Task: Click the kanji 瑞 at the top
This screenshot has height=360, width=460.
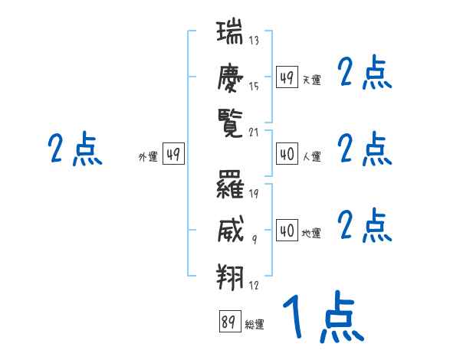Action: (x=229, y=35)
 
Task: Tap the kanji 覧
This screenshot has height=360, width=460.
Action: (x=229, y=123)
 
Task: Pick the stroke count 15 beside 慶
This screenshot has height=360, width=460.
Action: (x=254, y=87)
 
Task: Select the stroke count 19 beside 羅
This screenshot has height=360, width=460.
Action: (x=254, y=193)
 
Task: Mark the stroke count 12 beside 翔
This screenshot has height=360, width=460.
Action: (x=254, y=285)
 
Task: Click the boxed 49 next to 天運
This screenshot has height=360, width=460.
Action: (x=287, y=77)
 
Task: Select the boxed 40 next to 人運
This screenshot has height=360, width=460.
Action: (x=287, y=154)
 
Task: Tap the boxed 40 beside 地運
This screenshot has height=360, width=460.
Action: (x=287, y=231)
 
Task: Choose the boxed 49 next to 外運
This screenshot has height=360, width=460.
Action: (x=173, y=155)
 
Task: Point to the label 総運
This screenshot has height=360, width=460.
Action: (x=255, y=325)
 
